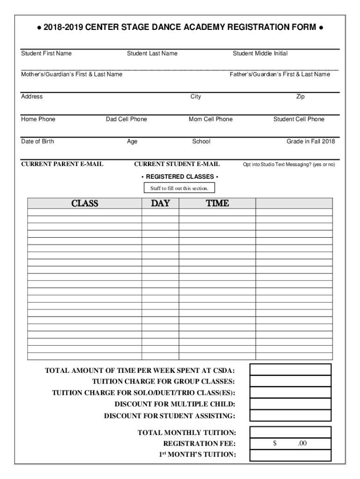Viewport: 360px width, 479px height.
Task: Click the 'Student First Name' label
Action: point(46,53)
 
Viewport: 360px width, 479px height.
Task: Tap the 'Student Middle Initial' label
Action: point(260,53)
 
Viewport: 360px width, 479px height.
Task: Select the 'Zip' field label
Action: point(300,96)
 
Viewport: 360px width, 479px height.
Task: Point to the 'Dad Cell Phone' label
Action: point(126,119)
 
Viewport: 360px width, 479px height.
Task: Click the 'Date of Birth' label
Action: point(37,141)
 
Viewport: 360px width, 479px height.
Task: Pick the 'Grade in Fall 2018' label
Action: point(310,141)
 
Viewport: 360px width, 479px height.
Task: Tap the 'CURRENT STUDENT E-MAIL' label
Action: point(177,164)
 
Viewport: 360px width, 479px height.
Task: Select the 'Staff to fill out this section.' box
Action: point(180,189)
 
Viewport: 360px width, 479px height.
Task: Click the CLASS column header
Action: point(85,203)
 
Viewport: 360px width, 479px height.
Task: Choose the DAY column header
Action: point(160,203)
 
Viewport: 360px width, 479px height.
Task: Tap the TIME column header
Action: point(217,203)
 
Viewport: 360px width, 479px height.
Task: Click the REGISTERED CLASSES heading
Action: point(180,177)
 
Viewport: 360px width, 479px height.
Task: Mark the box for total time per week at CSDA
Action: point(290,370)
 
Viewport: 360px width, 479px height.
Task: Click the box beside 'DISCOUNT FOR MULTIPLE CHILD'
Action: point(290,404)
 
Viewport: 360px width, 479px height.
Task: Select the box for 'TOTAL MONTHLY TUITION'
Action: point(290,432)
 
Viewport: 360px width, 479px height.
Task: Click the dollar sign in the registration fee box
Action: point(275,443)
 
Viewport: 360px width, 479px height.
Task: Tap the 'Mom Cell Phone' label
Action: point(210,119)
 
